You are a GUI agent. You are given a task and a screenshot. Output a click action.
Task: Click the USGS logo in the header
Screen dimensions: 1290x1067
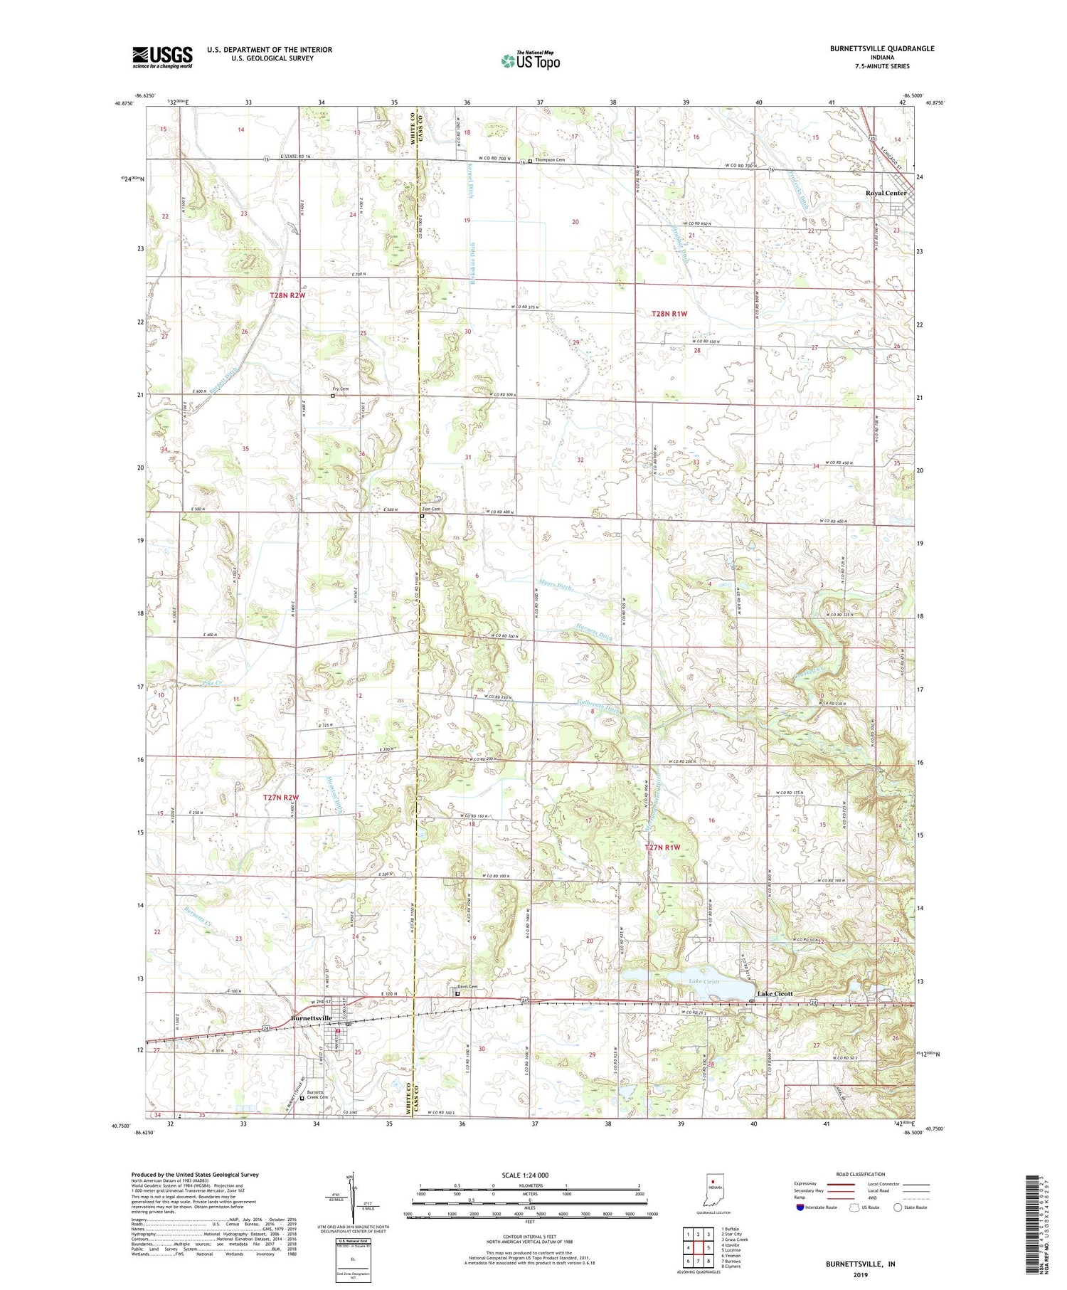tap(162, 57)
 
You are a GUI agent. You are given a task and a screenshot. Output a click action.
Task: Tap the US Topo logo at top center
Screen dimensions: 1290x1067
tap(530, 61)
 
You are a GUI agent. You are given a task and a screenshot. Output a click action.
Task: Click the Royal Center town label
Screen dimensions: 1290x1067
tap(886, 194)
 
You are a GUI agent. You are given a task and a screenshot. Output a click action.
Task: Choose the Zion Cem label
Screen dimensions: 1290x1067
tap(431, 509)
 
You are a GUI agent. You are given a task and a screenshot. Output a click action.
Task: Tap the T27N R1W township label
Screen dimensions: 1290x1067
tap(662, 847)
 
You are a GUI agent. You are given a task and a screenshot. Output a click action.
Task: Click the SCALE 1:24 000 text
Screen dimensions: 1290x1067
tap(516, 1175)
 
